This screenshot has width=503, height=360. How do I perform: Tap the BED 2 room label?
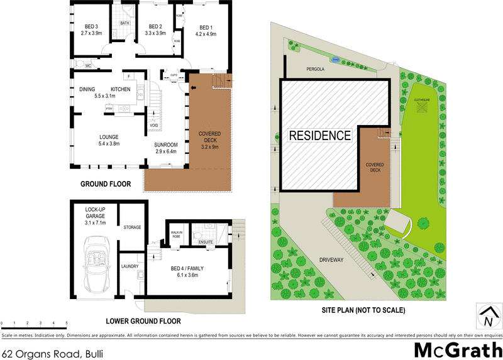point(154,26)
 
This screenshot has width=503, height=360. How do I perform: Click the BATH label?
point(124,23)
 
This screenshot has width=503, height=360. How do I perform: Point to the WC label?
point(89,65)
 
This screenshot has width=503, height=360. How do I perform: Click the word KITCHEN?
point(121,89)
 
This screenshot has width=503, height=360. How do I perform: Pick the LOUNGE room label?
point(92,136)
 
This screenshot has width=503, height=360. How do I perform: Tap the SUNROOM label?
point(167,145)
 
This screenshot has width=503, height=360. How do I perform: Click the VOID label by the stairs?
point(154,125)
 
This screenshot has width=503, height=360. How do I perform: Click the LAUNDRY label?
point(130,266)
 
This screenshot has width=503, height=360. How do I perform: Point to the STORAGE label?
point(132,227)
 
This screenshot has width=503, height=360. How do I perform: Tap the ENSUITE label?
point(206,241)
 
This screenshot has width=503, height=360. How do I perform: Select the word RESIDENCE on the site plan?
point(319,135)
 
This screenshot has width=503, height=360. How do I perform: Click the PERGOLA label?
point(314,70)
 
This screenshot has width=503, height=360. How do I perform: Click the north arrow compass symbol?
point(487,316)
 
